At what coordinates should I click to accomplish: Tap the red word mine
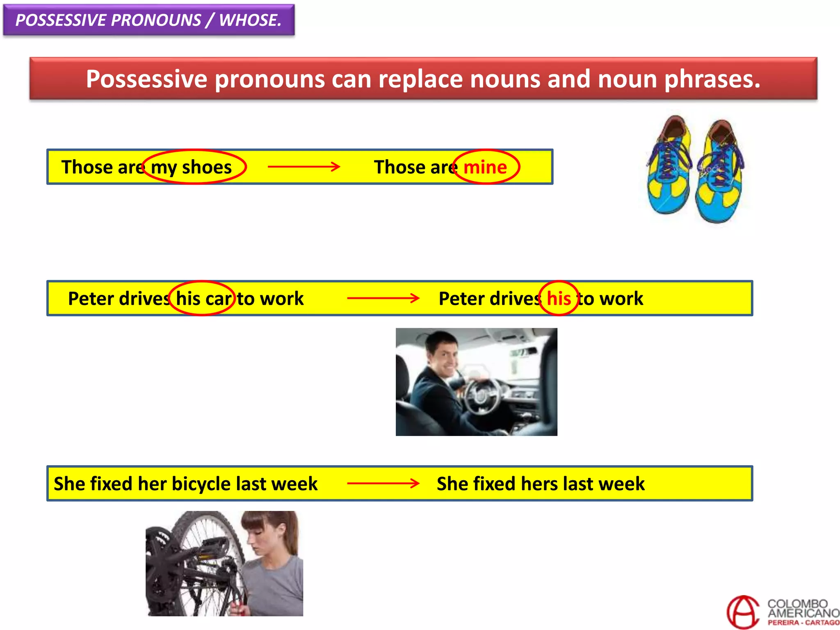485,167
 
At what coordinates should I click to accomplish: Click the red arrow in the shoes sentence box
304,167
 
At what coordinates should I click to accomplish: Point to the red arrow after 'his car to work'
383,298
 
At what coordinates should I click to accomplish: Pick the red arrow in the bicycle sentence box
383,483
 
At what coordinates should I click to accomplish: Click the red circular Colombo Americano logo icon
743,612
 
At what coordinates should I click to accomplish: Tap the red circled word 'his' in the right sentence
559,298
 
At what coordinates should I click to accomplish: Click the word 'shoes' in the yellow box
207,167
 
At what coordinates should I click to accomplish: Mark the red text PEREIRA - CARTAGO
803,623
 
